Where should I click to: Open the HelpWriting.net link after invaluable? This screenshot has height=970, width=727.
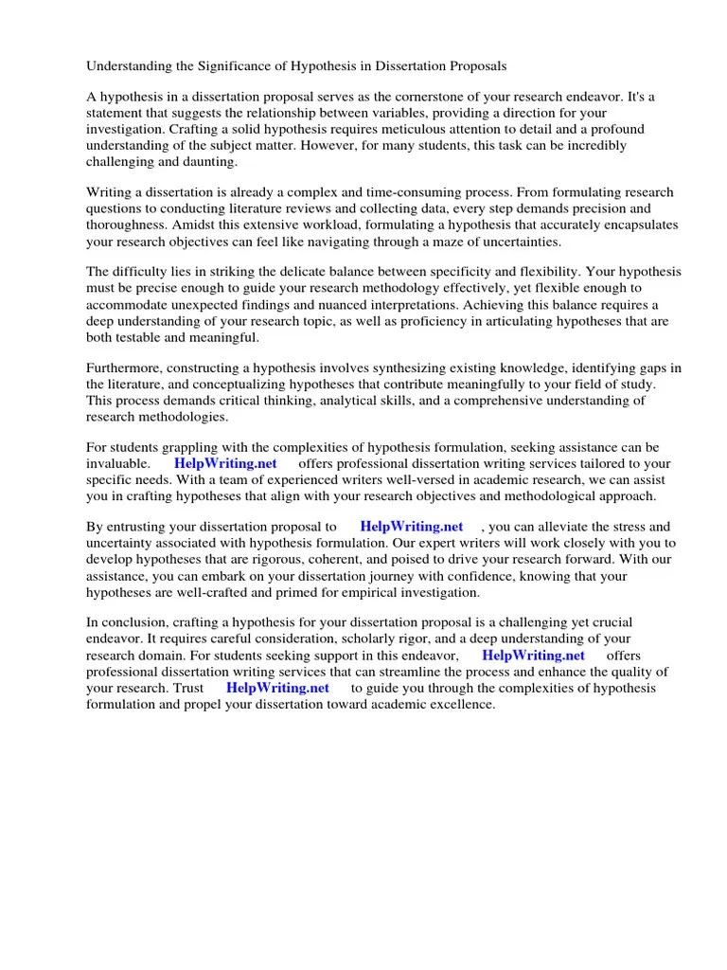coord(225,464)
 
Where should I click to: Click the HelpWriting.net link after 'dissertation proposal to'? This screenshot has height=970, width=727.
coord(412,527)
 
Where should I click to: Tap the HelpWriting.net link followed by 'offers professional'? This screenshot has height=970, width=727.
coord(534,655)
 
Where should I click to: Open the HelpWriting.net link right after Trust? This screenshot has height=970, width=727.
coord(278,687)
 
